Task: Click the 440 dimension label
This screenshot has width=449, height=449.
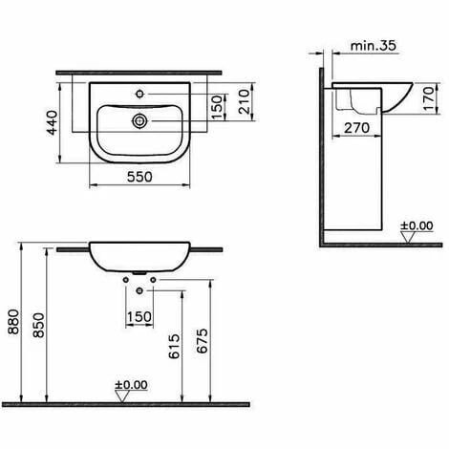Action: (56, 120)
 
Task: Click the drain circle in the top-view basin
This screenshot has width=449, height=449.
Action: (140, 121)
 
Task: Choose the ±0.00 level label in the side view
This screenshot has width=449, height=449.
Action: (417, 226)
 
